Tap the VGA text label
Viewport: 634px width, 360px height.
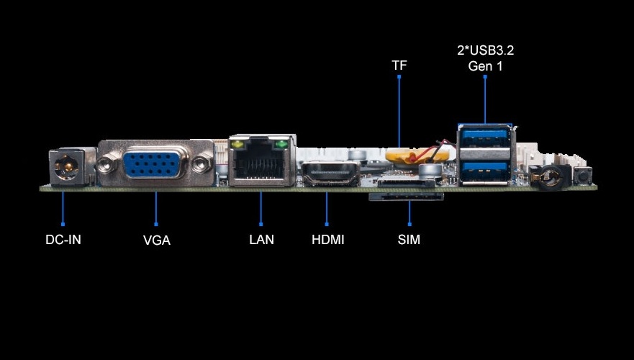pyautogui.click(x=156, y=240)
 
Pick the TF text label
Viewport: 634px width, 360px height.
pyautogui.click(x=399, y=66)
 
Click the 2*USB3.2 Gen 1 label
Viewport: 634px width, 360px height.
pyautogui.click(x=485, y=58)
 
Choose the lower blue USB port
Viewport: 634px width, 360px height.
pyautogui.click(x=485, y=170)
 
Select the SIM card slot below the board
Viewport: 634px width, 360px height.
pyautogui.click(x=407, y=196)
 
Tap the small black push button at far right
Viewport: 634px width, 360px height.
pyautogui.click(x=581, y=174)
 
